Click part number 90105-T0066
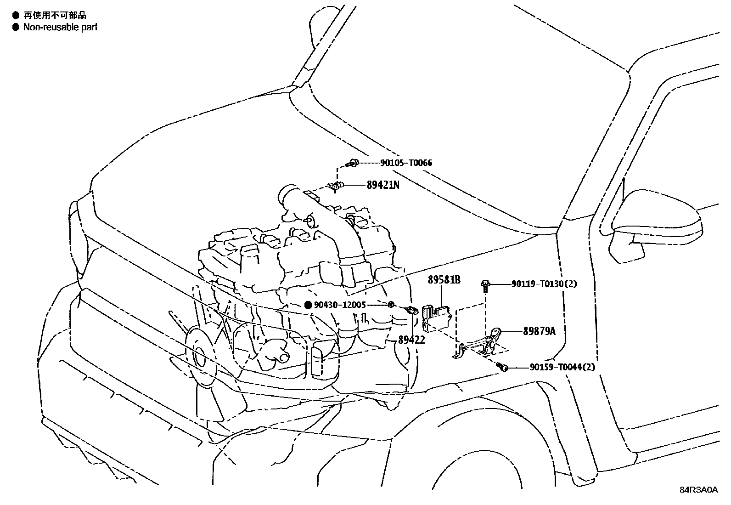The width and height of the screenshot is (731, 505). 406,163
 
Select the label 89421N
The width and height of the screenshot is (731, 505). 383,185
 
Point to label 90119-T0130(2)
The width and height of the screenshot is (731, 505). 544,284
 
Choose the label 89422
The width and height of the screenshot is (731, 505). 411,340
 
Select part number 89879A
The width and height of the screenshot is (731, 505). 539,331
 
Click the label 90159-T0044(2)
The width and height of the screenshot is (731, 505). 562,367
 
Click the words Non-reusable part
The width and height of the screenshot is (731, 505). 60,27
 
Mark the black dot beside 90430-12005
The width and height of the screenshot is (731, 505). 308,305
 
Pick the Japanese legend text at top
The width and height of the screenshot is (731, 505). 55,16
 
